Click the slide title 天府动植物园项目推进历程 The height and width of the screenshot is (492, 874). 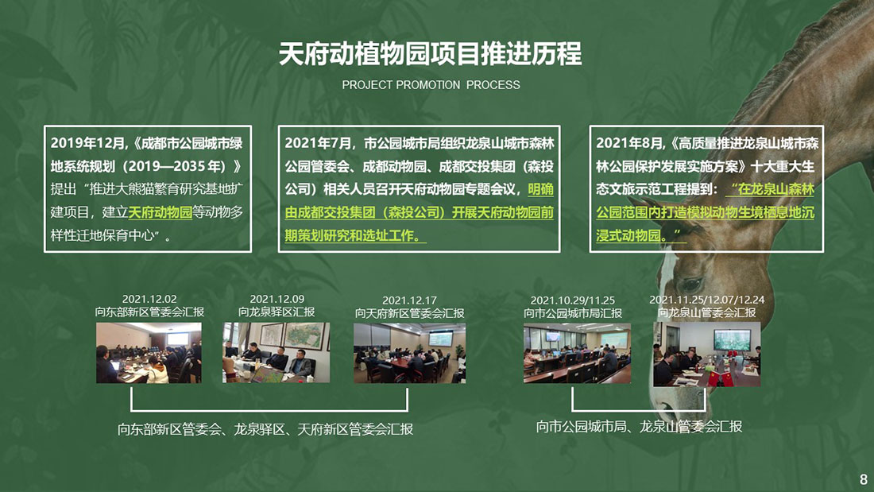tap(430, 54)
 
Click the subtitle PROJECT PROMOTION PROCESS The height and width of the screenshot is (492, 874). tap(431, 85)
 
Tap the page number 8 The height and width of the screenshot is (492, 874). tap(864, 479)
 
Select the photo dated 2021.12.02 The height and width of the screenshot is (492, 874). tap(149, 353)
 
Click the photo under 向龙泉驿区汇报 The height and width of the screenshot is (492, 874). tap(276, 353)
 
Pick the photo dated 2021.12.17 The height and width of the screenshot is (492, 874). tap(409, 353)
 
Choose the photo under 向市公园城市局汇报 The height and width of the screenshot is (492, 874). tap(577, 353)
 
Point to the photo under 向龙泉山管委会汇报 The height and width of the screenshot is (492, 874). tap(707, 354)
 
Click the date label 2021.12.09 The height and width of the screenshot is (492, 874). tap(277, 299)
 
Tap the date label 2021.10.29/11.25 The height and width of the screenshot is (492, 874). tap(572, 300)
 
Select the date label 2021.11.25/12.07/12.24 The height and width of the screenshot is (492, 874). tap(707, 300)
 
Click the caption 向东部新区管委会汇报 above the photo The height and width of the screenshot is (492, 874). tap(149, 312)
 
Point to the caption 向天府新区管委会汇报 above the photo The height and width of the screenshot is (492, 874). tap(410, 313)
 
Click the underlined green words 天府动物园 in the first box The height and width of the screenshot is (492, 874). tap(160, 212)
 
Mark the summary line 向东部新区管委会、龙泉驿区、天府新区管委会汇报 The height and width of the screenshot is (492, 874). tap(265, 429)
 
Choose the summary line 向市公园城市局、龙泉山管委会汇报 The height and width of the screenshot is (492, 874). tap(640, 427)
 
